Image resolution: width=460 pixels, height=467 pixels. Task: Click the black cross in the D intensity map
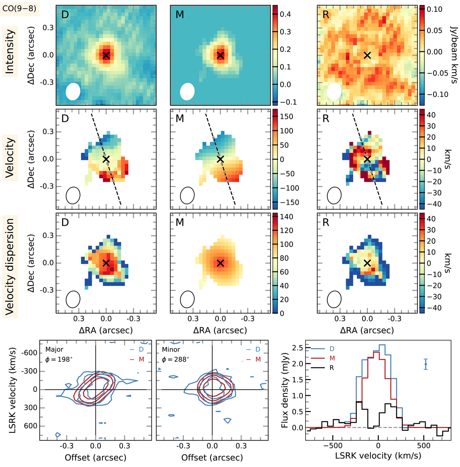click(106, 55)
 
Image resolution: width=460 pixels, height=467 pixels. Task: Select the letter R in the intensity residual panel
click(326, 15)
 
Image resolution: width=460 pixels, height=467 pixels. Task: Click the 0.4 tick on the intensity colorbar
click(285, 15)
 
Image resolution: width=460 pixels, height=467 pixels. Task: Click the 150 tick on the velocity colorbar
click(286, 117)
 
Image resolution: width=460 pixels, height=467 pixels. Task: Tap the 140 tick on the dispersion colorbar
click(286, 217)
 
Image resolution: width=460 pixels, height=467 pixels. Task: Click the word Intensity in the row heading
click(10, 52)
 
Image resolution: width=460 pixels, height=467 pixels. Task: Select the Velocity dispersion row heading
click(10, 266)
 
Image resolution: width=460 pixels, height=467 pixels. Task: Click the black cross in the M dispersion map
click(220, 263)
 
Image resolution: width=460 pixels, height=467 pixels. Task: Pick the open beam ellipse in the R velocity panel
click(334, 196)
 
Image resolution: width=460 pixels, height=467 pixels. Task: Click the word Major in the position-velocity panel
click(54, 350)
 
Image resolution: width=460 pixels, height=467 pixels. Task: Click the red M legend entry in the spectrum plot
click(332, 358)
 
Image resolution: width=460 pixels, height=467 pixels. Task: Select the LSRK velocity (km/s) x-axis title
click(378, 456)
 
